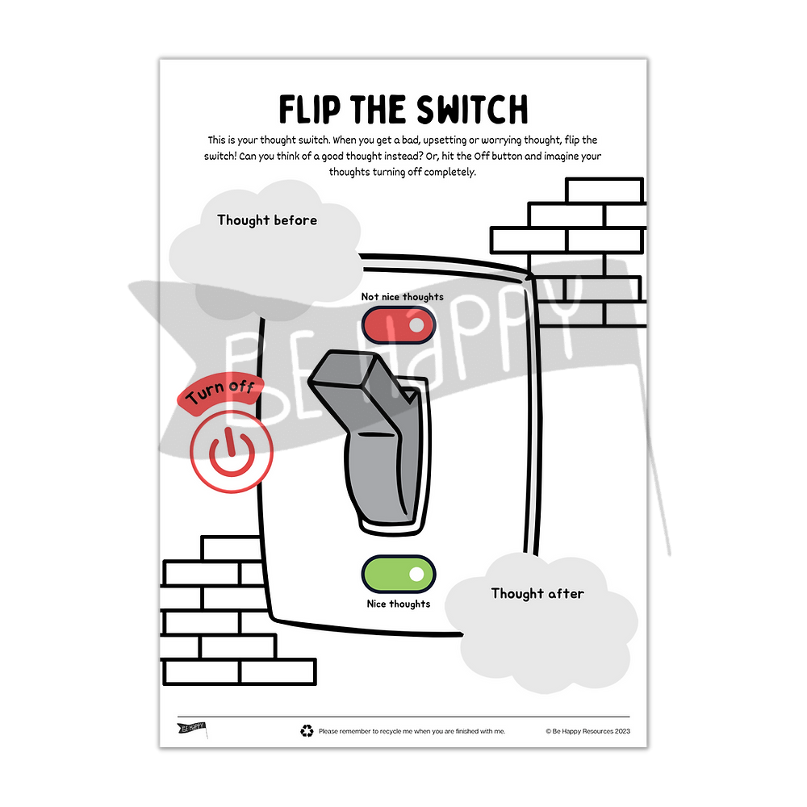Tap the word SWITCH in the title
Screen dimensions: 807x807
click(x=473, y=110)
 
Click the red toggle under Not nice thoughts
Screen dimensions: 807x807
click(x=399, y=325)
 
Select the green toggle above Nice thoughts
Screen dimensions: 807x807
click(x=399, y=574)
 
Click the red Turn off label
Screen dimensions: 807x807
click(x=220, y=395)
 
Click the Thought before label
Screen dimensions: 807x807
click(x=267, y=220)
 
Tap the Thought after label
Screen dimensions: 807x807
click(x=537, y=593)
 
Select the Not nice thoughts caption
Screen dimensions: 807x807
click(x=402, y=297)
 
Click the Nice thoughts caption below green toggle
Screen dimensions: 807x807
click(x=399, y=604)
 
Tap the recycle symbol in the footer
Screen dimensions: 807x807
click(x=307, y=731)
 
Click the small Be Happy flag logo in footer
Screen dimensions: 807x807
click(x=192, y=729)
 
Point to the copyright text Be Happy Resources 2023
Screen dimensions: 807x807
click(x=587, y=731)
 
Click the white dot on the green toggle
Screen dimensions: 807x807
click(x=416, y=574)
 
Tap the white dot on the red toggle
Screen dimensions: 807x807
click(x=416, y=325)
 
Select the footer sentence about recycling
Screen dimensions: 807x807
click(x=412, y=731)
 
